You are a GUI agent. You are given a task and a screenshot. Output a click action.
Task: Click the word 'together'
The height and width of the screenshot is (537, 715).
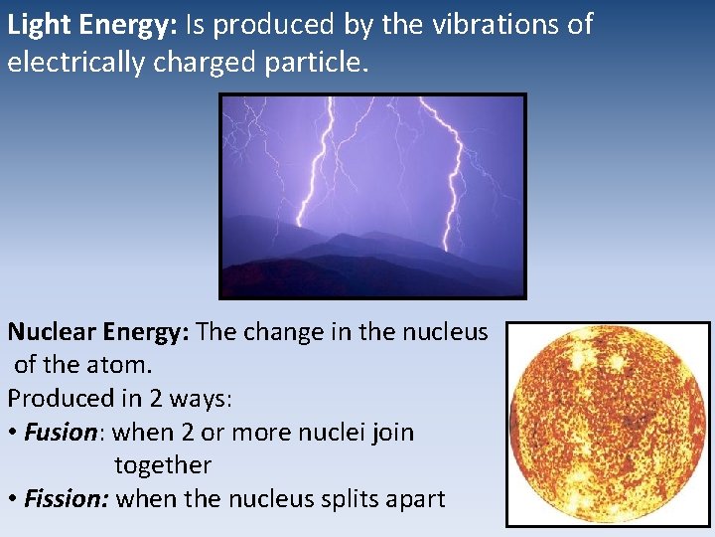click(163, 465)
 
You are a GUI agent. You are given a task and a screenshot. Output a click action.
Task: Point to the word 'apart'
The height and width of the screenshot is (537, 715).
click(415, 499)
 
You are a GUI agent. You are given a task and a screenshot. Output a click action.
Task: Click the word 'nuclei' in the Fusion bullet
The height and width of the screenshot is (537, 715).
click(329, 433)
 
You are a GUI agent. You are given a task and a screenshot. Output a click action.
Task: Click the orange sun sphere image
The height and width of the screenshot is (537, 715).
click(608, 425)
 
